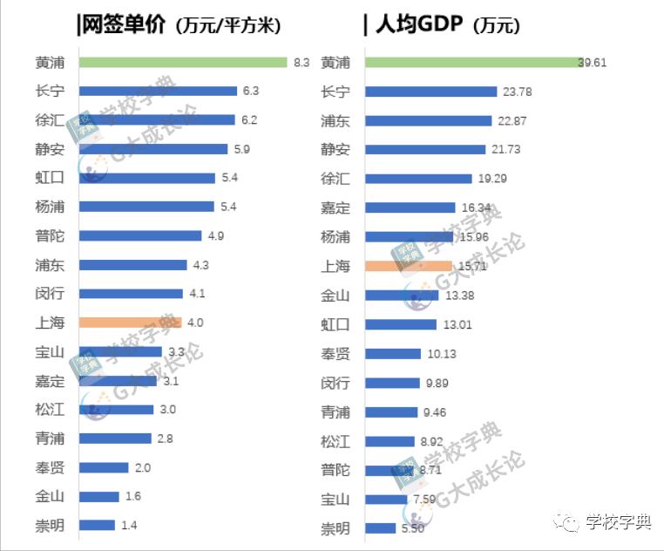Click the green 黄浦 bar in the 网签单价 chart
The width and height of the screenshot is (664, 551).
coord(183,62)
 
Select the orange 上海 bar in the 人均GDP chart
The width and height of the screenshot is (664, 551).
coord(408,266)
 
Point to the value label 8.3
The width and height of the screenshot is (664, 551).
coord(302,62)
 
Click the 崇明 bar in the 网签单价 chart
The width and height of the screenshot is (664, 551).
coord(97,526)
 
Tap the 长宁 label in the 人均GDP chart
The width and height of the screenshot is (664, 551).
coord(335,92)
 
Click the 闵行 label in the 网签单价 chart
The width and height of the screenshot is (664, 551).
coord(50,294)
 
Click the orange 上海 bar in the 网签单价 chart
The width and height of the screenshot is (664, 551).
coord(130,323)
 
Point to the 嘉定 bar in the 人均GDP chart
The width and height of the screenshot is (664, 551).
coord(410,207)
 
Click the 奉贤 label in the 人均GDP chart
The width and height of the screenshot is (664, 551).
coord(335,353)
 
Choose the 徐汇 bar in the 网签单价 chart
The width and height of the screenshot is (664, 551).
coord(157,119)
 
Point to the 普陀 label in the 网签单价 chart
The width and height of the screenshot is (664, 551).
coord(50,236)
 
